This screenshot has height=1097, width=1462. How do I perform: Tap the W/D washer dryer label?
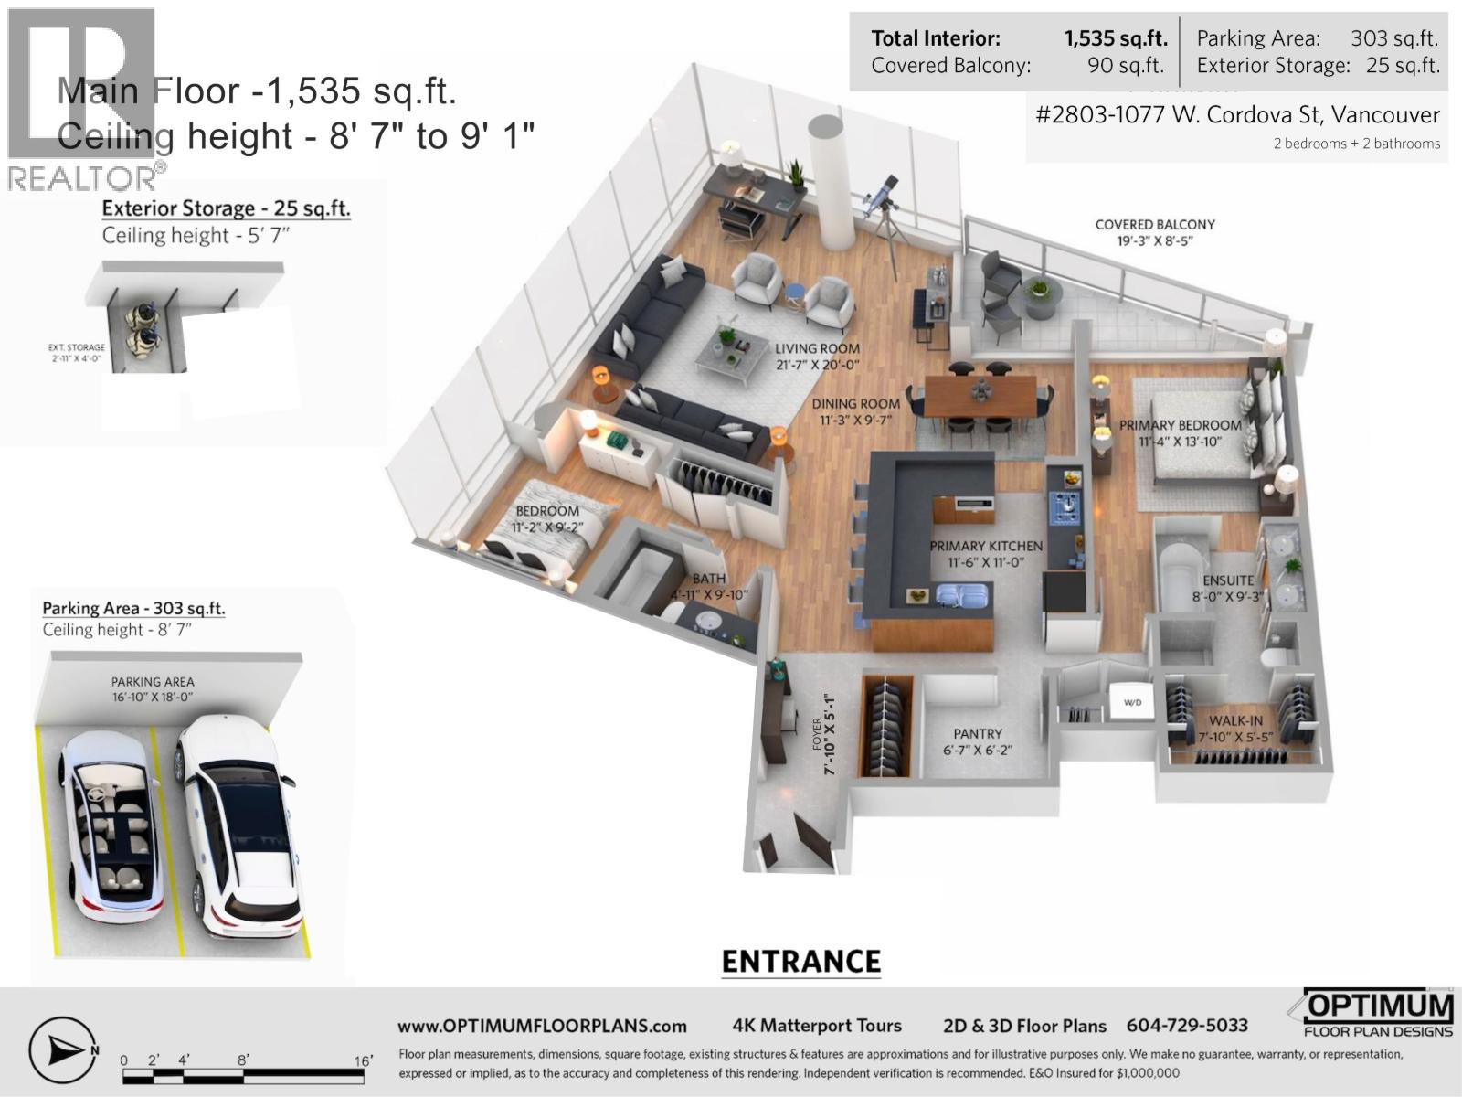[x=1132, y=703]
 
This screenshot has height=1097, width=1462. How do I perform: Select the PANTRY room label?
[x=978, y=733]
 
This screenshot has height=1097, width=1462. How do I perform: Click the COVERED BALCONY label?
[x=1155, y=225]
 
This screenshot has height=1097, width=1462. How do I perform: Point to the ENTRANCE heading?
[x=801, y=962]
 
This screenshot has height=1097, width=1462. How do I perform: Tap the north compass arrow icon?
[x=63, y=1051]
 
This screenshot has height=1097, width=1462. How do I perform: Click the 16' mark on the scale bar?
[x=364, y=1060]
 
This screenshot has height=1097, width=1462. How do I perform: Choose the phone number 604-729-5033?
[x=1187, y=1026]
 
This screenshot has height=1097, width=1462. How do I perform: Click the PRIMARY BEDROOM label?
[x=1180, y=425]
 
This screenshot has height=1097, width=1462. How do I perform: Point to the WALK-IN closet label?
[x=1235, y=721]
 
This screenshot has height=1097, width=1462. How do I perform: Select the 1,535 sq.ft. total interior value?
[x=1115, y=38]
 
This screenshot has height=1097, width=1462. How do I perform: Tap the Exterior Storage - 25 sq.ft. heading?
[x=226, y=208]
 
